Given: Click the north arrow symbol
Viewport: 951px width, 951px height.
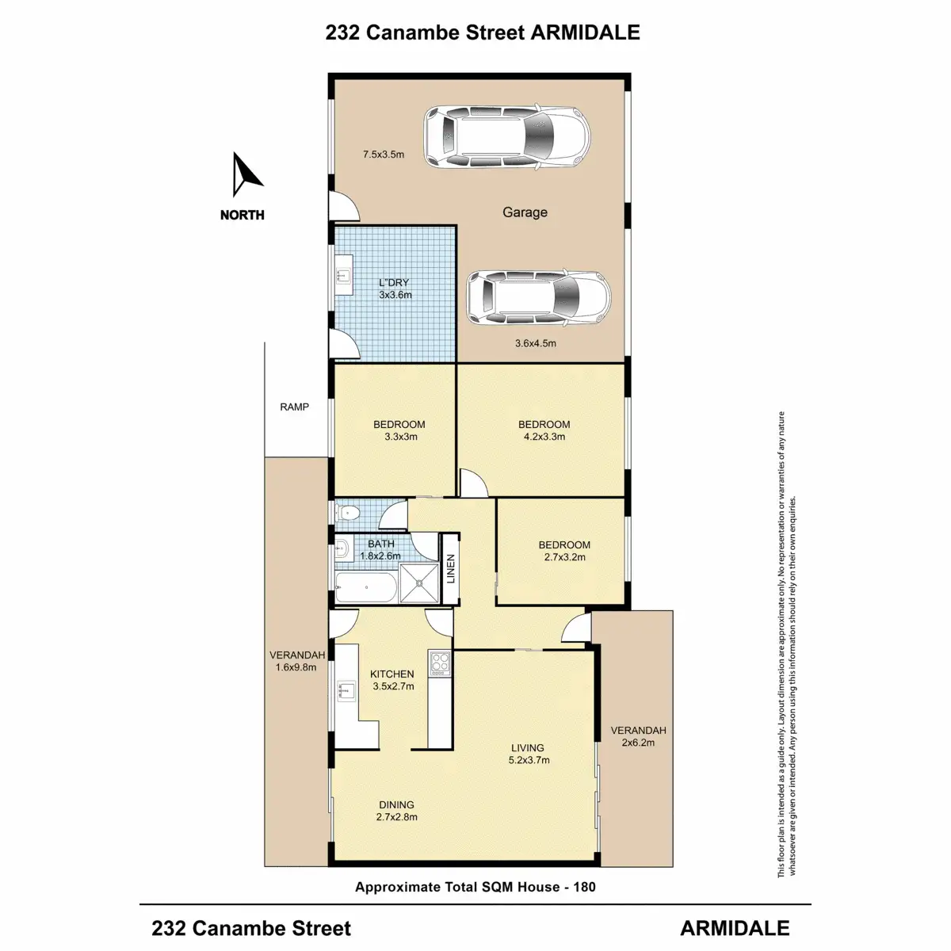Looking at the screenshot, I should click(246, 176).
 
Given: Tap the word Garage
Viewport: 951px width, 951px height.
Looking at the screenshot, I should click(525, 212).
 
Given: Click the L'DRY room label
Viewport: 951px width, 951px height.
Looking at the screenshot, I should click(395, 282).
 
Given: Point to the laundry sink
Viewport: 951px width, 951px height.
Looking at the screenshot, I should click(343, 276).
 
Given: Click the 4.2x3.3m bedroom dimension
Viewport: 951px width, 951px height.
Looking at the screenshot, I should click(544, 437).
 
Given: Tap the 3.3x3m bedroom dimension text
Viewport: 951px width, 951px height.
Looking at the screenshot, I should click(399, 437).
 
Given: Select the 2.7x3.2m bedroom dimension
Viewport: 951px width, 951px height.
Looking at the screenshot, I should click(564, 557).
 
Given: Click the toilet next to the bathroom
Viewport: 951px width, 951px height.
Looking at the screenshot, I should click(348, 514).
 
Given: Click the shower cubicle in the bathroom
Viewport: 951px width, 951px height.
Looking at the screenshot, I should click(418, 583).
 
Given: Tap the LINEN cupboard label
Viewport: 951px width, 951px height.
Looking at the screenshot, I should click(451, 569).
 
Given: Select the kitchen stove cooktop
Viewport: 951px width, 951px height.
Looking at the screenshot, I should click(440, 663).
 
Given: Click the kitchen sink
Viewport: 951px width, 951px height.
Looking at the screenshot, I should click(346, 691).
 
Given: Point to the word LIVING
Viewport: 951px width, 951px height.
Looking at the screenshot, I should click(528, 747).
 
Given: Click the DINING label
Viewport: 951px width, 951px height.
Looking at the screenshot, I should click(395, 804).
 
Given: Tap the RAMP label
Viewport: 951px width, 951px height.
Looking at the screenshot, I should click(294, 407).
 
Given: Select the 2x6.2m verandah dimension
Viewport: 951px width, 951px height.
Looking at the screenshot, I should click(638, 743).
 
